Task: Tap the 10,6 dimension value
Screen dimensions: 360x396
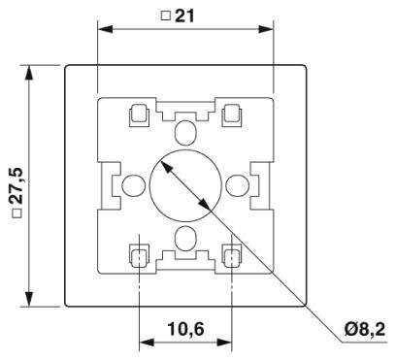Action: (x=184, y=328)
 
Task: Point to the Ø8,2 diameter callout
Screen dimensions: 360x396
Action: (x=365, y=331)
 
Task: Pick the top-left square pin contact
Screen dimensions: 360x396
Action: (x=138, y=115)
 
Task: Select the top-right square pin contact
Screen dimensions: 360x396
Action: (x=232, y=115)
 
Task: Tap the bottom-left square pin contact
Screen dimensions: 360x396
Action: (x=138, y=256)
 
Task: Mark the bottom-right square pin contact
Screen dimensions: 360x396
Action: (x=232, y=256)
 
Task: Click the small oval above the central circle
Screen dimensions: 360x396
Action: (x=184, y=131)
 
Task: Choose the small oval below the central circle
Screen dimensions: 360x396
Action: (x=184, y=237)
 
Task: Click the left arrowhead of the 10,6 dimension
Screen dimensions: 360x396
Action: (x=145, y=342)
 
